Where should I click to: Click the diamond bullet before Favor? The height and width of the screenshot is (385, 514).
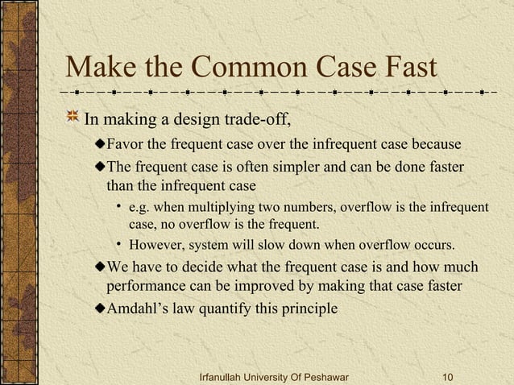coord(100,145)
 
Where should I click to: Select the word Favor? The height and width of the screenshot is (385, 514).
coord(124,145)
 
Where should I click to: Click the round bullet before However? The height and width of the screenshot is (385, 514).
coord(118,244)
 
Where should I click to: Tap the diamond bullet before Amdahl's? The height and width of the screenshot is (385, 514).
coord(100,308)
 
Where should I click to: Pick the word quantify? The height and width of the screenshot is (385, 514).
coord(224,309)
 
